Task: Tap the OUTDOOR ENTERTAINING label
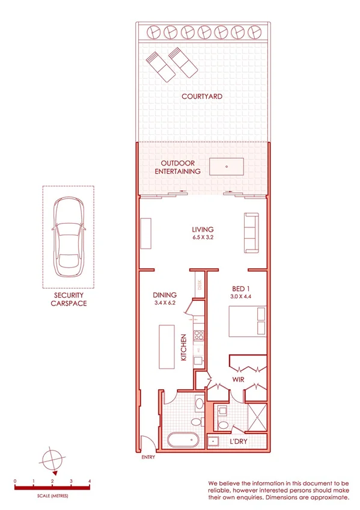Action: pos(180,167)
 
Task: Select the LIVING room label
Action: pos(203,229)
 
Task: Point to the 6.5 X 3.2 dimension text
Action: pos(203,238)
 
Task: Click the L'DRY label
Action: pos(239,442)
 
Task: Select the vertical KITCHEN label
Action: pos(184,347)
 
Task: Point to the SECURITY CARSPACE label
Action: pos(68,300)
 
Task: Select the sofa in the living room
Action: pos(250,233)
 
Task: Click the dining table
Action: pos(166,346)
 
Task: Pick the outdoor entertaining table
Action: pos(226,166)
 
